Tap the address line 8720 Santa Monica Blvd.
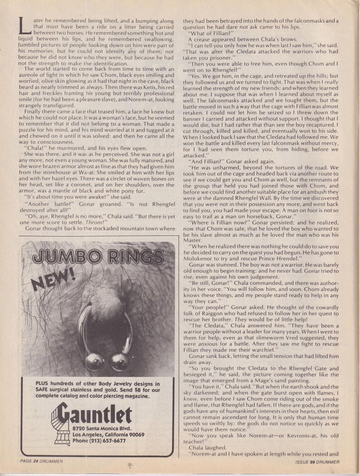click(102, 429)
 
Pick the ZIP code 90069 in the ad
click(135, 435)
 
